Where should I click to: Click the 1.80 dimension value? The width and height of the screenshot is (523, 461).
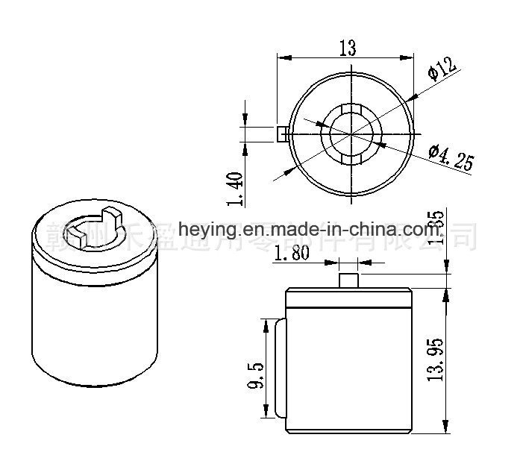tap(292, 254)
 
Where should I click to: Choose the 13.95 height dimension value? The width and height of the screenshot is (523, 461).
tap(439, 359)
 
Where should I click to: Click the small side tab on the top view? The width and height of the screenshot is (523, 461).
tap(282, 134)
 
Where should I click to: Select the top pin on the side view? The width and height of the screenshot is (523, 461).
tap(348, 280)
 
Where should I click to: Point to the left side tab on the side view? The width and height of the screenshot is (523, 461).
tap(280, 369)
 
